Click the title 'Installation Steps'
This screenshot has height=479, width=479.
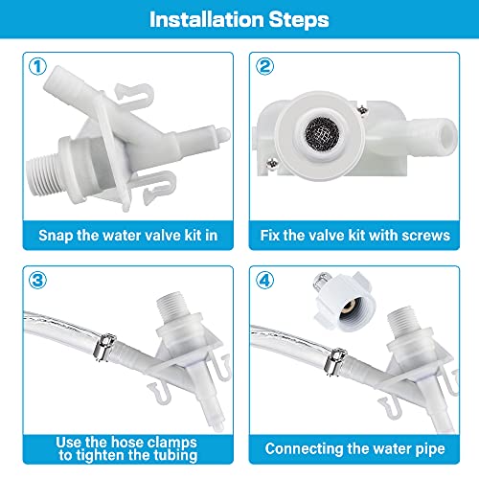[239, 19]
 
